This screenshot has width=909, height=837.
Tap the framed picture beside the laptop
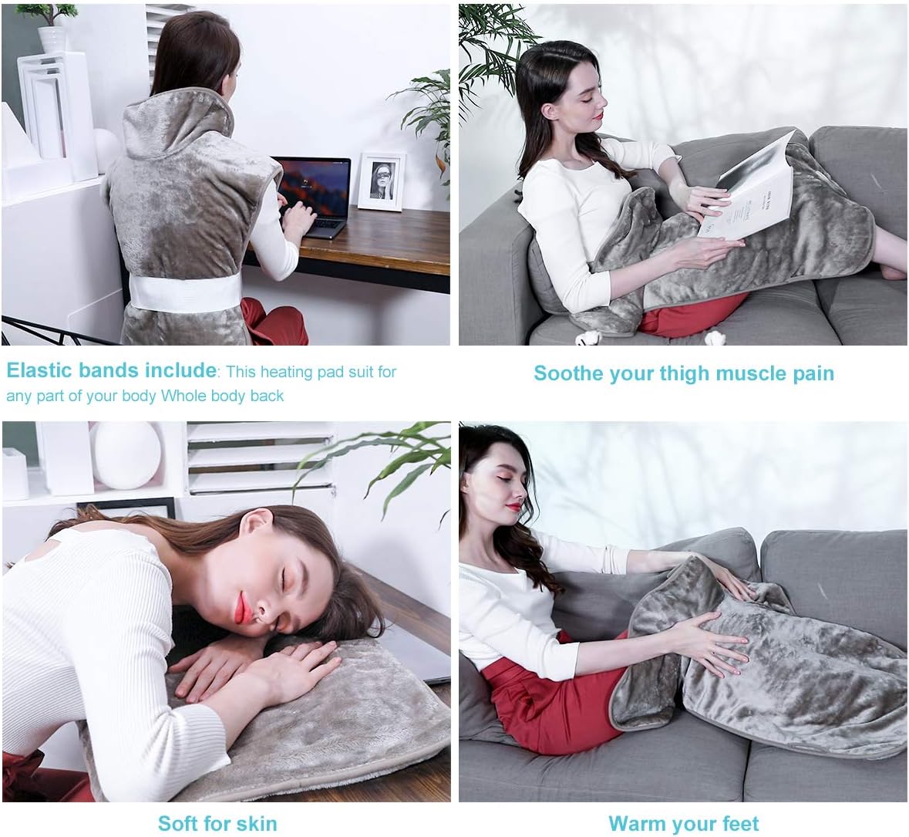coord(382,181)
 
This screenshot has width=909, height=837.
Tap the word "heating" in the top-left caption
coord(288,372)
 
